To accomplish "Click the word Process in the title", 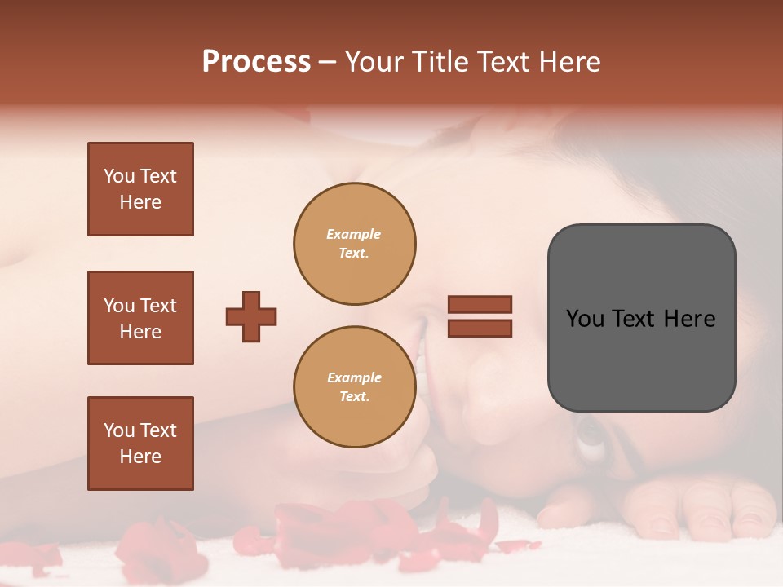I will point(256,62).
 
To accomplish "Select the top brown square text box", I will point(140,189).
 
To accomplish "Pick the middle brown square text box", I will point(140,318).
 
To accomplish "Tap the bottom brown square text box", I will point(140,444).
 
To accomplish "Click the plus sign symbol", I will point(251,316).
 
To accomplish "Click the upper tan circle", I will point(355,244).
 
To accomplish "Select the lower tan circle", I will point(355,387).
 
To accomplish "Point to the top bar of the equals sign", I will point(480,304).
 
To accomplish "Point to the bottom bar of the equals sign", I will point(480,328).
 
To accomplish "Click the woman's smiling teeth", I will point(421,342).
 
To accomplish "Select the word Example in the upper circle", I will point(354,234).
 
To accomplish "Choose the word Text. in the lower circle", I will point(355,397).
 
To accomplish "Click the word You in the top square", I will point(119,176).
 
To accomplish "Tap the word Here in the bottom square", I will point(140,457).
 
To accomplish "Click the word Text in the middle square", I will point(158,306).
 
